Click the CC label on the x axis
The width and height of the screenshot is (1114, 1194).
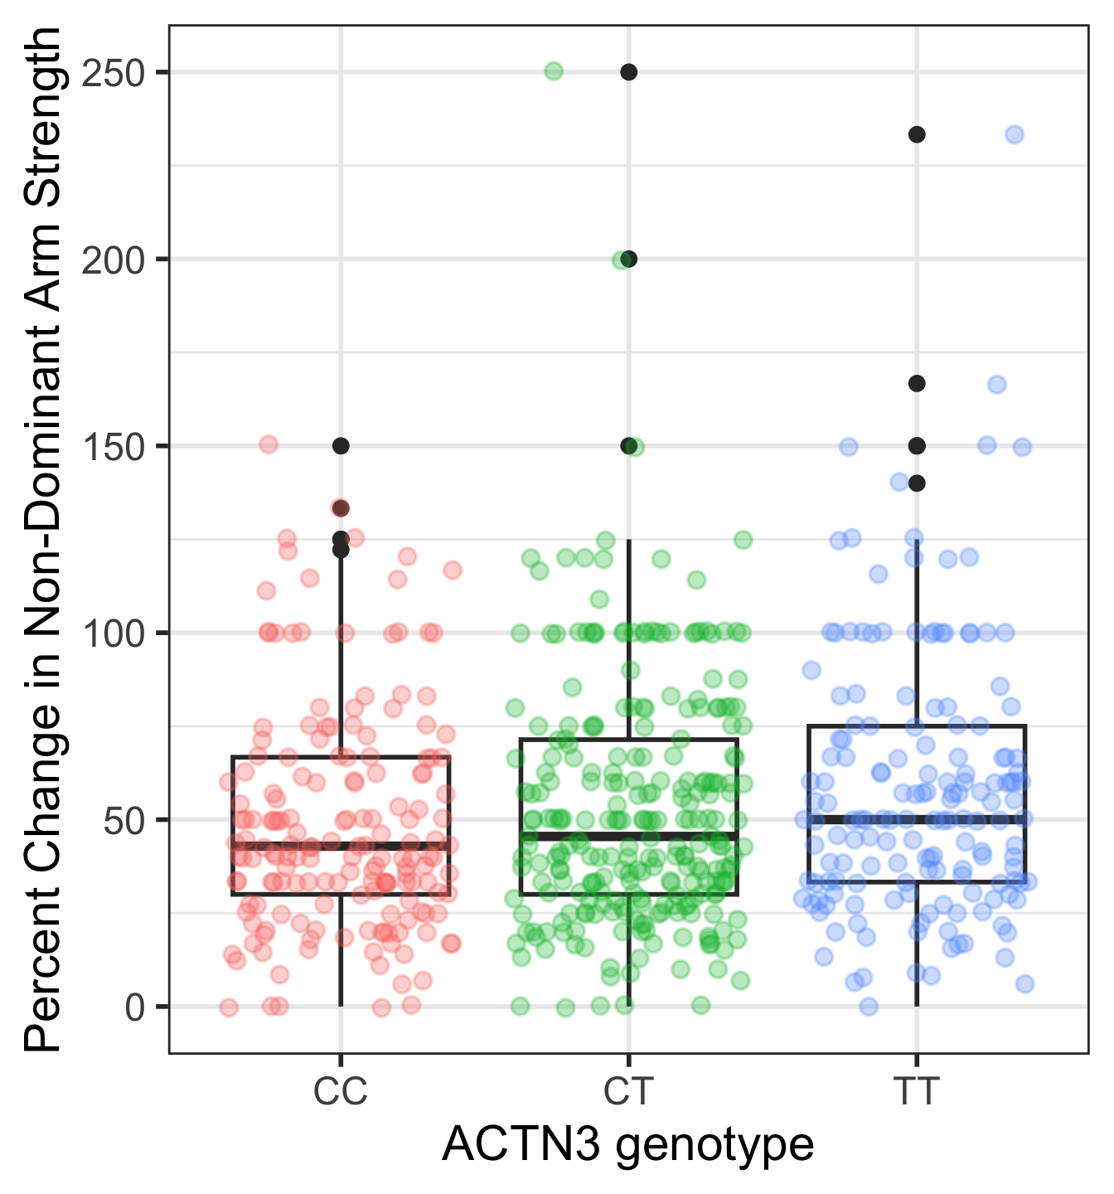click(x=340, y=1092)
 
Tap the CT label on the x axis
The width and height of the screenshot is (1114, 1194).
click(x=628, y=1092)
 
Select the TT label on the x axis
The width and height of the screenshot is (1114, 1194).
click(x=917, y=1092)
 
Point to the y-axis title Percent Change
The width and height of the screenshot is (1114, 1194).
click(x=43, y=539)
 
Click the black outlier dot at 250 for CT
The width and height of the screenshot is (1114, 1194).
click(x=629, y=72)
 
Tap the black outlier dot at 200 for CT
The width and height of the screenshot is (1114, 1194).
click(x=629, y=259)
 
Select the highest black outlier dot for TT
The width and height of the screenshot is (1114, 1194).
click(x=917, y=134)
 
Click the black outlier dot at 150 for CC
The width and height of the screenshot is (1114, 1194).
click(x=341, y=445)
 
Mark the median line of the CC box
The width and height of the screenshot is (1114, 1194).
click(x=341, y=846)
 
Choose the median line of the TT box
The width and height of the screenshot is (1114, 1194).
click(x=917, y=819)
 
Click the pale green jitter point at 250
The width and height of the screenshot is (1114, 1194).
click(x=554, y=70)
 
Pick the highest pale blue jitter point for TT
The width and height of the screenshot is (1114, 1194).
click(x=1015, y=134)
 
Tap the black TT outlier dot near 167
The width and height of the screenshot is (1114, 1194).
click(x=917, y=383)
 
